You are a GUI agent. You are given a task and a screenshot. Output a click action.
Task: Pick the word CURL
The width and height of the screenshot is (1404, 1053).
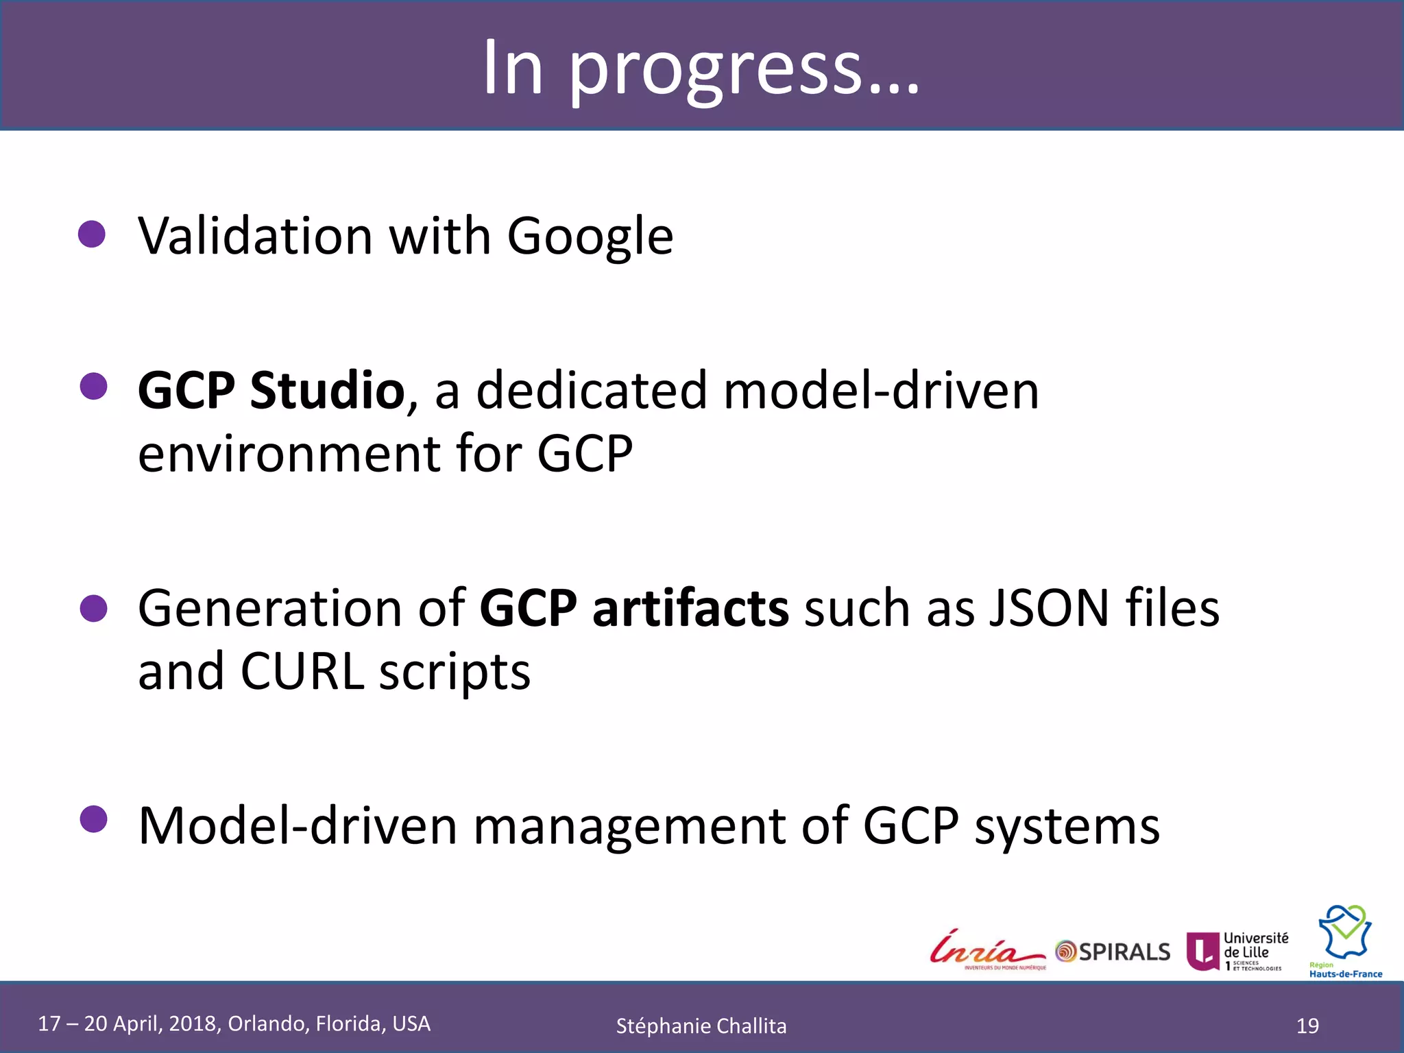point(302,672)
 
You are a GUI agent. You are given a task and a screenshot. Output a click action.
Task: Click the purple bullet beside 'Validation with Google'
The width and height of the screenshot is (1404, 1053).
point(92,234)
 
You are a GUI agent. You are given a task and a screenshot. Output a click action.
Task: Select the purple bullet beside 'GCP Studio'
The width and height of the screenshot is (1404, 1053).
point(93,387)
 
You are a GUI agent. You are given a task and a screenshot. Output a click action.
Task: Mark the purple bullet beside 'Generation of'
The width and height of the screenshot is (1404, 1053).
point(93,608)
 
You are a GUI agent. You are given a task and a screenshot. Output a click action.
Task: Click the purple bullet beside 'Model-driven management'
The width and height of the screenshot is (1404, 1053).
point(93,819)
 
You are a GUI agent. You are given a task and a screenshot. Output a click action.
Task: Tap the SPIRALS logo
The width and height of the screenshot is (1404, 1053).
point(1113,952)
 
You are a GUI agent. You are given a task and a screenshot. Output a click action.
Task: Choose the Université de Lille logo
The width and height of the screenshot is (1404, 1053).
point(1237,951)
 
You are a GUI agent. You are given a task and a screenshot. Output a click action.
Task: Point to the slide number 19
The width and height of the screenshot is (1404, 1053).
point(1307,1026)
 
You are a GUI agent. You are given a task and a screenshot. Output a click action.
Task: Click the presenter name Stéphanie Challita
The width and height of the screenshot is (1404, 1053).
point(701,1026)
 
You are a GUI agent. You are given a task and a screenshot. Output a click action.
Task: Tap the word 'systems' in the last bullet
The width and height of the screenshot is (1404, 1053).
point(1067,826)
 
